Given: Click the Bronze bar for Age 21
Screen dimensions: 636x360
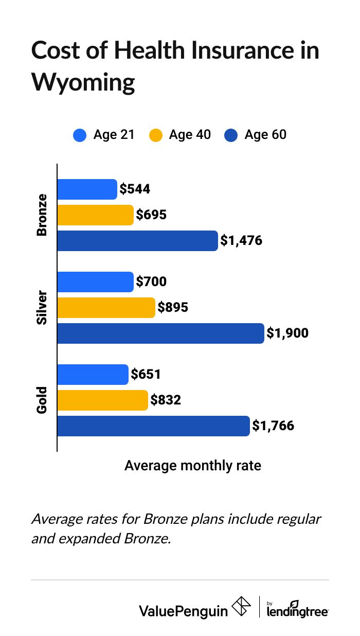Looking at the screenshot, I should coord(87,189).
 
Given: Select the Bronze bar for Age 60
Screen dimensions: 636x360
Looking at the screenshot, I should coord(137,241).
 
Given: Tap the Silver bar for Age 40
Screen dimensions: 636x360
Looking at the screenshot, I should coord(106,308).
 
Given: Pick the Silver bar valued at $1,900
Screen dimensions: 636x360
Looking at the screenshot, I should coord(160,333).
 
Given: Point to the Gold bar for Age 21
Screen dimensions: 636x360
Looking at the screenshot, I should coord(93,375).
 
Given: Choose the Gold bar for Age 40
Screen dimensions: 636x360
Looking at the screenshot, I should coord(102,400).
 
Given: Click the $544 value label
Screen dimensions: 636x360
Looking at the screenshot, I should coord(135,189).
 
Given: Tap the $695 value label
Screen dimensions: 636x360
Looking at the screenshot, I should coord(151,215).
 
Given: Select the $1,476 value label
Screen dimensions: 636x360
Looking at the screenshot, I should coord(241,241).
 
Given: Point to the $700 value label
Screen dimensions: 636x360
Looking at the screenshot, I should coord(151,282).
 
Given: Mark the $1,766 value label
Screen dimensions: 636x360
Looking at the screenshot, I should coord(273,426).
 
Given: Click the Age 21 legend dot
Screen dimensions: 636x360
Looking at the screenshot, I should coord(80,135).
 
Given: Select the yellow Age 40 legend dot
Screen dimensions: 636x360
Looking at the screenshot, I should coord(155,135).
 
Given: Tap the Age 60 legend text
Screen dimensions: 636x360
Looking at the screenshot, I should coord(265,135).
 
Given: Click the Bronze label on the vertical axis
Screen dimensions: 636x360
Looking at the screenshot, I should coord(42,215).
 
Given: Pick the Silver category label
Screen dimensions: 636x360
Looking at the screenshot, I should coord(42,308).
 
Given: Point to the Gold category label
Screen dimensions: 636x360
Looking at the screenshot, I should coord(42,400).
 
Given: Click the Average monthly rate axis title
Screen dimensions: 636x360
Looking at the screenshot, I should coord(193,466).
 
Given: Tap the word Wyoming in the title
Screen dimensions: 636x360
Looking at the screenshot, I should coord(83,82).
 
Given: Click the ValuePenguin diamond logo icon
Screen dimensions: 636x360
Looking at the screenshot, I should coord(241,607).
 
